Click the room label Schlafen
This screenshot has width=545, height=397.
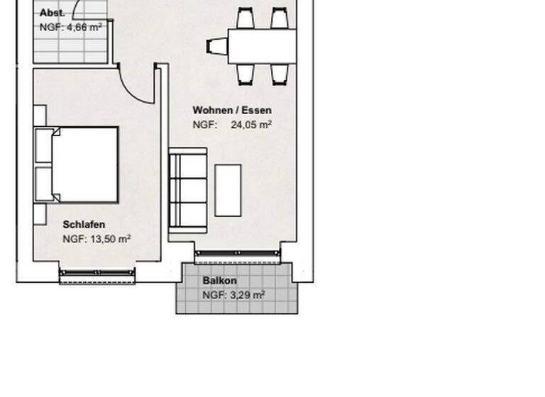tap(84, 225)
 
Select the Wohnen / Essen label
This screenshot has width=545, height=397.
tap(232, 111)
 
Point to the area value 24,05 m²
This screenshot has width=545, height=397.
tap(251, 125)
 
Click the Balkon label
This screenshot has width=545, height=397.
tap(220, 281)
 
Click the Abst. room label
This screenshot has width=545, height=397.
tap(53, 13)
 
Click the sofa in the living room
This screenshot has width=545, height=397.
tap(188, 190)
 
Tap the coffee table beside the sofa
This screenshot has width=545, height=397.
tap(228, 190)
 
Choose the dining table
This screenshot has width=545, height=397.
tap(261, 46)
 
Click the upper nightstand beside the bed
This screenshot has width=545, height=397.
tap(40, 116)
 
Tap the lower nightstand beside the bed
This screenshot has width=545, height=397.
tap(40, 213)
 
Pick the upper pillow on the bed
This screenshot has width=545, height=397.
tap(44, 146)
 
